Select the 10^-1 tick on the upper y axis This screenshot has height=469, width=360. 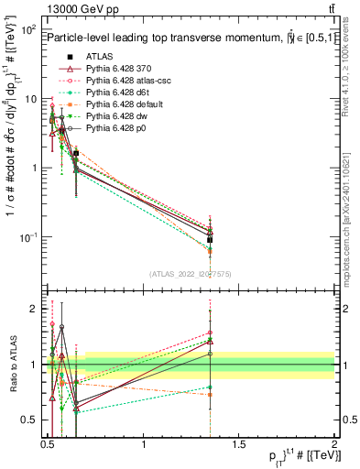pyautogui.click(x=27, y=237)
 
